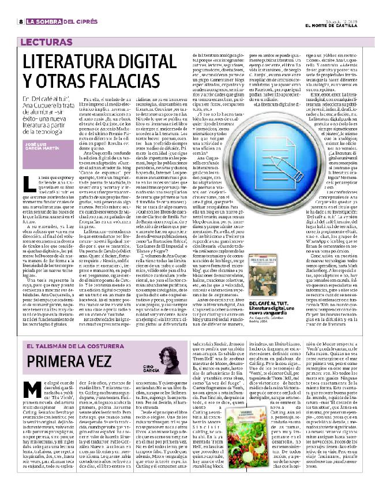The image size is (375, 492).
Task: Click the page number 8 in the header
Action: pyautogui.click(x=21, y=23)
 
